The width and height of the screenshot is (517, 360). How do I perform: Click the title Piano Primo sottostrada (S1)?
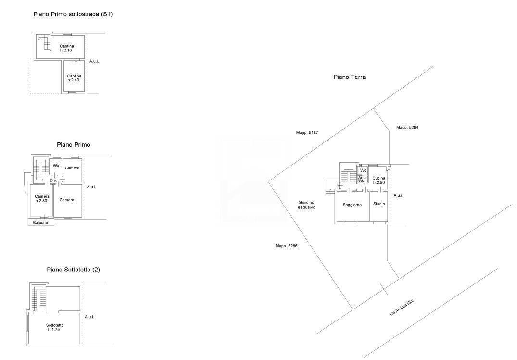pyautogui.click(x=73, y=14)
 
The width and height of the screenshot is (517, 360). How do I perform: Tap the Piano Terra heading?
pyautogui.click(x=350, y=77)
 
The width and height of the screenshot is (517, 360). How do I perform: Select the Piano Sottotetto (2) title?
pyautogui.click(x=73, y=270)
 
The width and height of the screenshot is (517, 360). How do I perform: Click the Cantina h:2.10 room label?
pyautogui.click(x=66, y=48)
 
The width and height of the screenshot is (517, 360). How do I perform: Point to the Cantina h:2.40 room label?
pyautogui.click(x=74, y=78)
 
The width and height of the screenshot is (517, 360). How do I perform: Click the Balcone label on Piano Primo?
pyautogui.click(x=40, y=223)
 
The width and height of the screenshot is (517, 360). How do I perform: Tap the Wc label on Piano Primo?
pyautogui.click(x=56, y=165)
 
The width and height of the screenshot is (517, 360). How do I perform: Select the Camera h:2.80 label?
pyautogui.click(x=42, y=198)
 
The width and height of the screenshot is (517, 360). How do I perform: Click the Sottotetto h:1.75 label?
pyautogui.click(x=55, y=327)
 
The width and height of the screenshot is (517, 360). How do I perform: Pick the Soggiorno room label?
pyautogui.click(x=352, y=205)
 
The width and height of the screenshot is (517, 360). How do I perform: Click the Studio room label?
pyautogui.click(x=379, y=204)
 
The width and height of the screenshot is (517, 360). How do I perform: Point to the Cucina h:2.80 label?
pyautogui.click(x=379, y=180)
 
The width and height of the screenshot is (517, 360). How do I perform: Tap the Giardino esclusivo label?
pyautogui.click(x=306, y=205)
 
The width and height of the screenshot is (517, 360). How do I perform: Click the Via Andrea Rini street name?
pyautogui.click(x=401, y=308)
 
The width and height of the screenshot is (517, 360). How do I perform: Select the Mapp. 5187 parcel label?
pyautogui.click(x=307, y=133)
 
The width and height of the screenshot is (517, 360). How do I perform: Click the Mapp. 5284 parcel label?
pyautogui.click(x=407, y=127)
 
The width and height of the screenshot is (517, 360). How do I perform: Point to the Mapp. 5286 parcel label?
pyautogui.click(x=286, y=246)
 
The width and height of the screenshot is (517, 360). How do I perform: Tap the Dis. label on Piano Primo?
pyautogui.click(x=53, y=180)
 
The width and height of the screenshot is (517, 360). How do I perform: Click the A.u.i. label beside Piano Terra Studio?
pyautogui.click(x=398, y=195)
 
